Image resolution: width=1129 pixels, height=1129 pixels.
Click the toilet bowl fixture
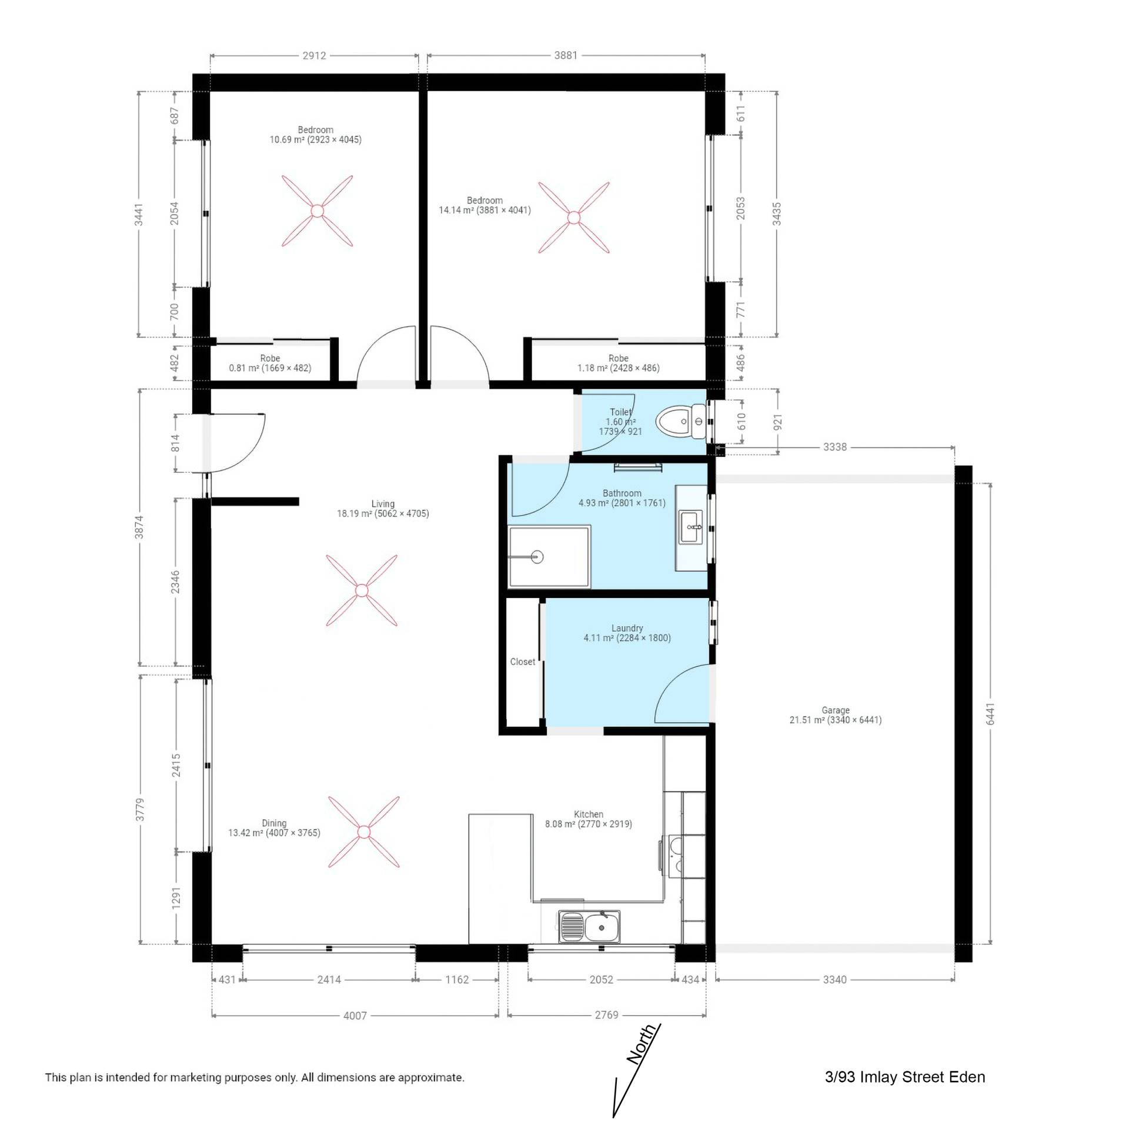click(x=681, y=422)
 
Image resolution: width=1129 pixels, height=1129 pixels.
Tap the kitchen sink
click(x=589, y=927)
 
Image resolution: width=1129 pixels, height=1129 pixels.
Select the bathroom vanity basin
click(x=691, y=527)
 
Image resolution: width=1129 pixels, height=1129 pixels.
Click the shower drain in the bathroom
click(x=536, y=556)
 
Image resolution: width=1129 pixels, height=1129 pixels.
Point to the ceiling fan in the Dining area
click(x=363, y=832)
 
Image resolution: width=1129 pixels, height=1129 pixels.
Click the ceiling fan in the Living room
click(x=362, y=590)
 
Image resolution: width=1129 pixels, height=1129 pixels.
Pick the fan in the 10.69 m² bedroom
click(x=317, y=211)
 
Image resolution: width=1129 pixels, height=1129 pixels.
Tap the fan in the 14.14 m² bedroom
click(x=574, y=218)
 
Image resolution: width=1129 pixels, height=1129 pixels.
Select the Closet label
click(x=523, y=662)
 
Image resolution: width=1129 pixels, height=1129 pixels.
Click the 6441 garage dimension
click(x=990, y=714)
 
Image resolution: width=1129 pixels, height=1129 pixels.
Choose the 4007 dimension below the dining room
click(x=355, y=1016)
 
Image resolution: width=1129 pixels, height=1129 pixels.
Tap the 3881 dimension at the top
click(x=566, y=55)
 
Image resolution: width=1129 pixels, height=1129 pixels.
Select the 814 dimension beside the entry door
click(x=175, y=443)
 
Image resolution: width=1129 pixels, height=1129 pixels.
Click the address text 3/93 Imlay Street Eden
click(x=905, y=1077)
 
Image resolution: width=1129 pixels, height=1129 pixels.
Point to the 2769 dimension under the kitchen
click(x=607, y=1014)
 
